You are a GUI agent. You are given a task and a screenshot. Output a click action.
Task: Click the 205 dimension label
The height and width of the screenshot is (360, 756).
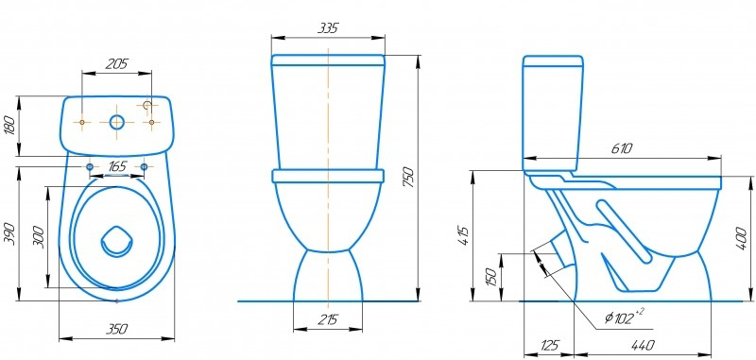[x=116, y=63]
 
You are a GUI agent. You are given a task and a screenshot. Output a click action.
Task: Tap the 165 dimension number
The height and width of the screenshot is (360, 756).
[x=117, y=166]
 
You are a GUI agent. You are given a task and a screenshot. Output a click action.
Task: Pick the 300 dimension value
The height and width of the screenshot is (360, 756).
[x=40, y=236]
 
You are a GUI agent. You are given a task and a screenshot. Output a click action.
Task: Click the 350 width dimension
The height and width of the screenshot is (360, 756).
[x=116, y=329]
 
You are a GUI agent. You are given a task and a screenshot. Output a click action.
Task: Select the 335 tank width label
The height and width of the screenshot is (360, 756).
[x=328, y=28]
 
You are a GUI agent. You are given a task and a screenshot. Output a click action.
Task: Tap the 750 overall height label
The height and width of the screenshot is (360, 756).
[x=408, y=178]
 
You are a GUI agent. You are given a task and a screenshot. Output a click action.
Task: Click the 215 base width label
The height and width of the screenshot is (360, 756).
[x=328, y=319]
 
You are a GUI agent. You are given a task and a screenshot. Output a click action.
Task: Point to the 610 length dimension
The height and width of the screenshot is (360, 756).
[x=622, y=149]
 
